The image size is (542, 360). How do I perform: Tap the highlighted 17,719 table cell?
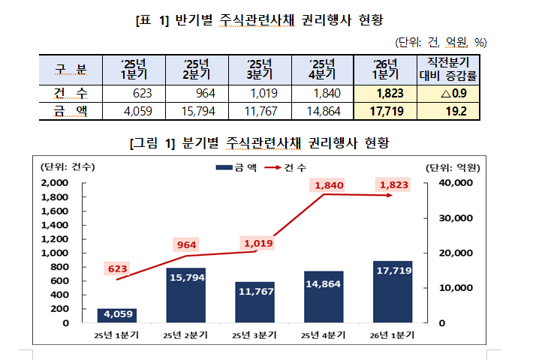387,112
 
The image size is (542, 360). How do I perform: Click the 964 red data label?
187,245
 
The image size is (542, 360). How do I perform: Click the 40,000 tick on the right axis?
453,183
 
